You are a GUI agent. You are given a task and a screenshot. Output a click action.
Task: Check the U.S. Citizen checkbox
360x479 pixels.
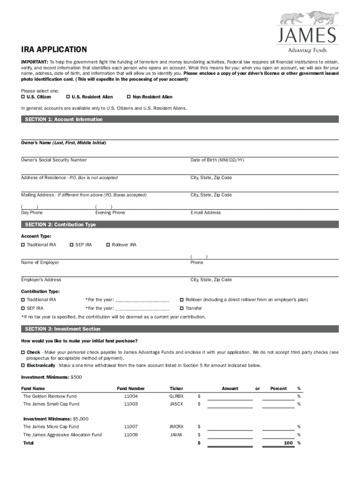[x=23, y=97]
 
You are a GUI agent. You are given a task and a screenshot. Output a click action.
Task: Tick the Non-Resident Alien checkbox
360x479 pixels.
[x=129, y=97]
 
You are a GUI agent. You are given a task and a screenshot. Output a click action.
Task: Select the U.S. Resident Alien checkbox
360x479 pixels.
[x=68, y=97]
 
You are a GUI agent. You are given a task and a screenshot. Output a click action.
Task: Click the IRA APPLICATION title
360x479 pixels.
[x=54, y=50]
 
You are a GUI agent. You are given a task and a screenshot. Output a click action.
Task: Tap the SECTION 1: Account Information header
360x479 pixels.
[x=64, y=119]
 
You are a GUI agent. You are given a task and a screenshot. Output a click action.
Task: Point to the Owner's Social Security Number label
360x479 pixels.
[x=54, y=160]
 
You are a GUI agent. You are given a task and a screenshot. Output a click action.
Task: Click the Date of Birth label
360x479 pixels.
[x=217, y=160]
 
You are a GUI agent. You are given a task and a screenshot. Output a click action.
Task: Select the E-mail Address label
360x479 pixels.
[x=205, y=212]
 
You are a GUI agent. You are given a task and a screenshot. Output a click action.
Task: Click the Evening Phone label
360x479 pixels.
[x=110, y=212]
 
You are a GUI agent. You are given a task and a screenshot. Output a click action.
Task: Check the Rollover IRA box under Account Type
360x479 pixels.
[x=108, y=245]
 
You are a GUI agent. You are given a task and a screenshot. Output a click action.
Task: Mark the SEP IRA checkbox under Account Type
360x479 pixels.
[x=71, y=245]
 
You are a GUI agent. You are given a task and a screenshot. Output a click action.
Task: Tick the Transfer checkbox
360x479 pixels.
[x=182, y=308]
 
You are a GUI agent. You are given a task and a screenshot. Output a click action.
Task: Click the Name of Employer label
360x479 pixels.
[x=40, y=262]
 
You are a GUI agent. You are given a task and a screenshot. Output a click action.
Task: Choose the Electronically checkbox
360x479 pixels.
[x=23, y=365]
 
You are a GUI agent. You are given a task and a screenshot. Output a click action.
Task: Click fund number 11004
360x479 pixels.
[x=130, y=396]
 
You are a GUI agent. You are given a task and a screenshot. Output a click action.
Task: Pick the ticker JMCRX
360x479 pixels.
[x=176, y=427]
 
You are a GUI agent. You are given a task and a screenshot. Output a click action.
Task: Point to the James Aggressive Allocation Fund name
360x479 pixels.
[x=62, y=435]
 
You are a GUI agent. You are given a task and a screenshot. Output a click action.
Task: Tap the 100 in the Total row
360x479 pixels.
[x=288, y=443]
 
